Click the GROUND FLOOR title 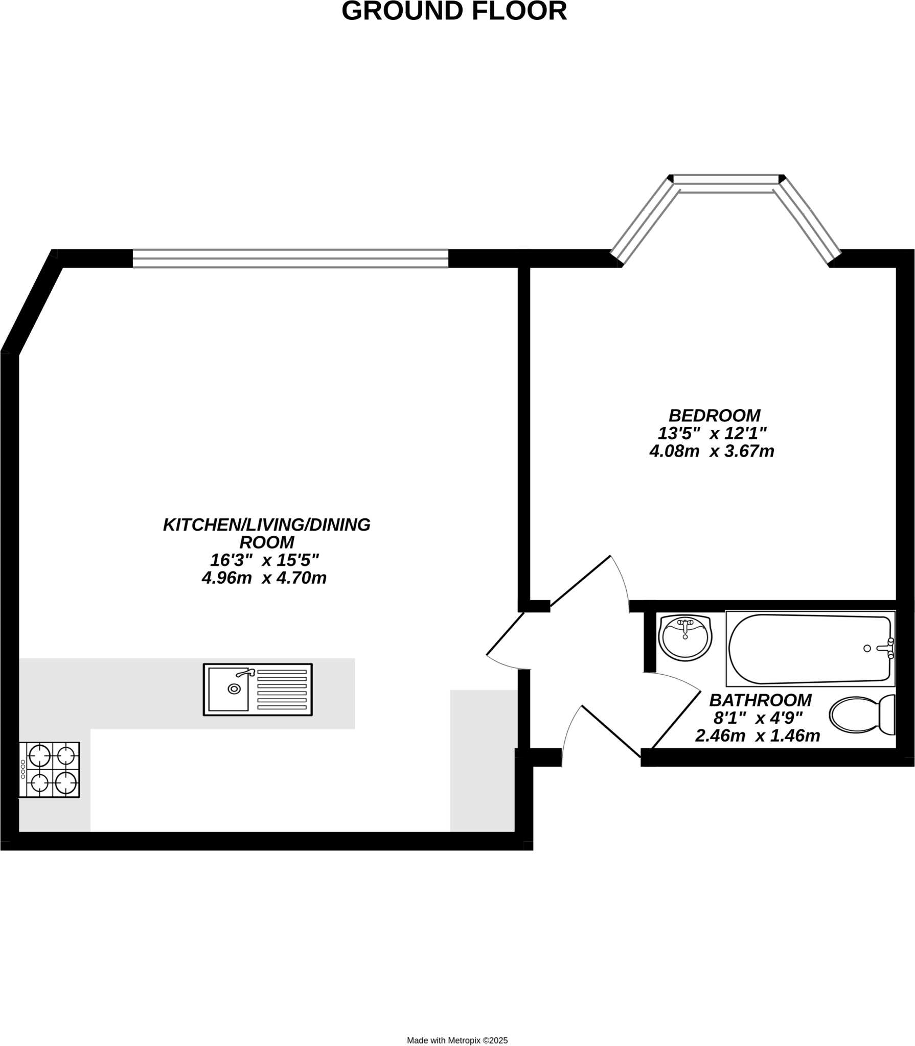click(454, 11)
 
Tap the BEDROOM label click(714, 415)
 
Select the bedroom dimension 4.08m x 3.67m click(712, 451)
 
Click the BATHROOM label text click(760, 700)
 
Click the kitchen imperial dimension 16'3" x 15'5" click(264, 560)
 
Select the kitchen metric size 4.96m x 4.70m click(264, 578)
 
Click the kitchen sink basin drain click(234, 689)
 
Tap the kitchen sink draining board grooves click(283, 690)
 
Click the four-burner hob click(50, 770)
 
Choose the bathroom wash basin click(685, 638)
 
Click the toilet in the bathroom click(862, 714)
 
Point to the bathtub click(810, 649)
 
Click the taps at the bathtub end click(887, 648)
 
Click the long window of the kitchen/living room click(290, 258)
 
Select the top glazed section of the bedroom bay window click(726, 179)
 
